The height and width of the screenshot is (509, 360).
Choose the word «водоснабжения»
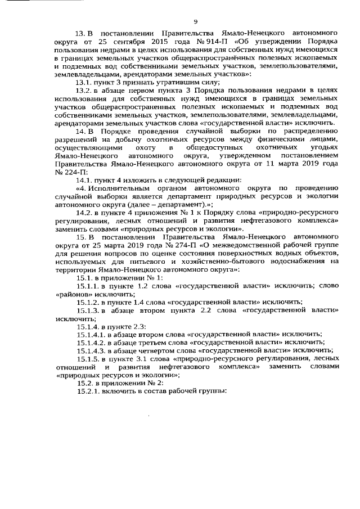tap(300, 262)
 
